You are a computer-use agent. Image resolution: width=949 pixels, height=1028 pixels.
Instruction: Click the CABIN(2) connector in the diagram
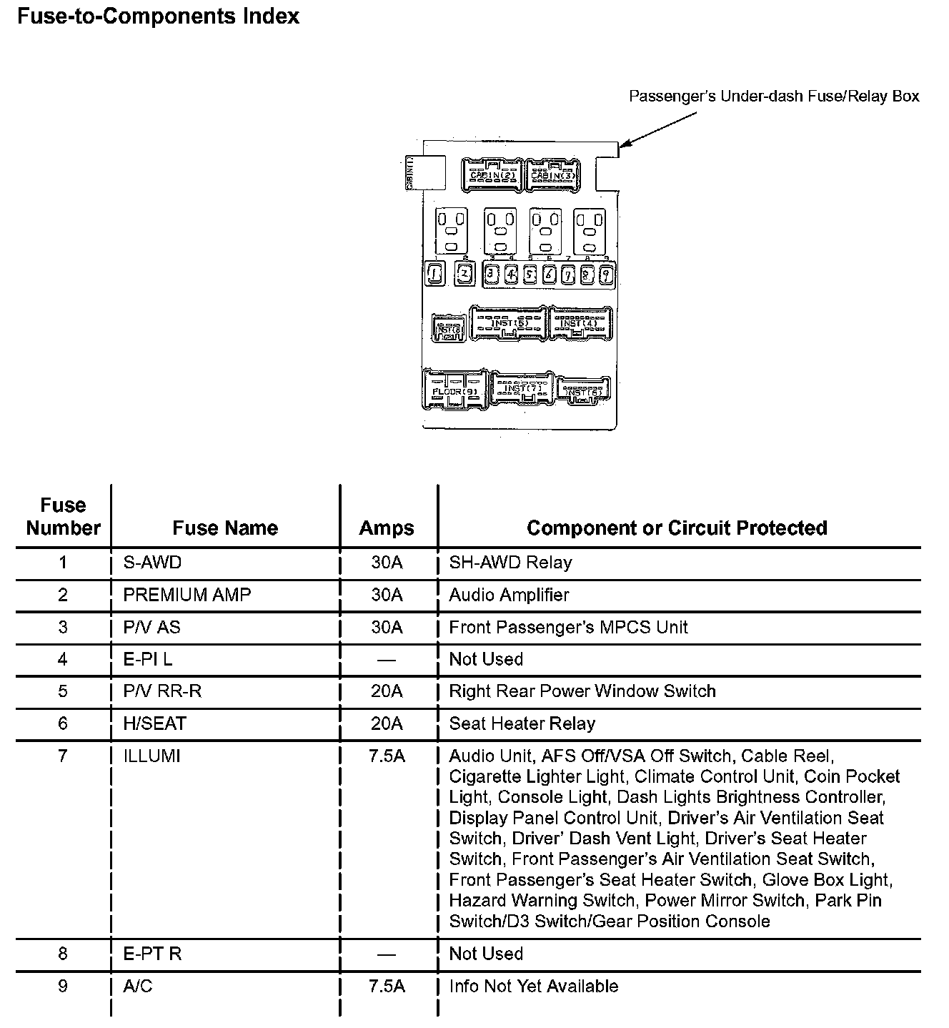(x=492, y=174)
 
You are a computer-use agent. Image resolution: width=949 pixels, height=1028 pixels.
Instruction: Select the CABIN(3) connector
(x=553, y=174)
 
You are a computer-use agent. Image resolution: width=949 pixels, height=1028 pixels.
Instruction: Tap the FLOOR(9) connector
(x=455, y=390)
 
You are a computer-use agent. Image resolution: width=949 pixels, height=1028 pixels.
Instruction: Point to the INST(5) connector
(x=508, y=324)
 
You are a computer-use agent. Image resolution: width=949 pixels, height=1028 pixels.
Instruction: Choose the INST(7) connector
(x=522, y=388)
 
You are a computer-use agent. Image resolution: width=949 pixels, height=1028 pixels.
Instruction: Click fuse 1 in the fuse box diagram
(x=434, y=272)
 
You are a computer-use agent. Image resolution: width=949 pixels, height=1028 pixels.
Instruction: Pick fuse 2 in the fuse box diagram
(x=464, y=272)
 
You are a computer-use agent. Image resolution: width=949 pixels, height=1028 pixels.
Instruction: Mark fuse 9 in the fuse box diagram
(x=605, y=274)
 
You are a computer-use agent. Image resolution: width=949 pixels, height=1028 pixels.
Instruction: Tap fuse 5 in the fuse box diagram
(x=530, y=274)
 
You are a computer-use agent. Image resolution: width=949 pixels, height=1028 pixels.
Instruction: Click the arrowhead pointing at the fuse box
(x=622, y=146)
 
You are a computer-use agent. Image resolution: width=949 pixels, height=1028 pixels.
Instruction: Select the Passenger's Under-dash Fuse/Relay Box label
(x=774, y=97)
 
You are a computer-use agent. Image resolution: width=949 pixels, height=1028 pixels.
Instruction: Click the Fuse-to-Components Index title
(x=158, y=16)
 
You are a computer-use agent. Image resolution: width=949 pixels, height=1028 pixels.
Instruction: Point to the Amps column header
(x=387, y=528)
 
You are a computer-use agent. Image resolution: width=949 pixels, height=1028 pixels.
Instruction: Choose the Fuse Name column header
(x=225, y=528)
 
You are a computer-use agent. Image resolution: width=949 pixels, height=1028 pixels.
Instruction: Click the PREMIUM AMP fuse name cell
(x=187, y=595)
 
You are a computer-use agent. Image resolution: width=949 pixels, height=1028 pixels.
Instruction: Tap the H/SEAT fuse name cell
(x=155, y=723)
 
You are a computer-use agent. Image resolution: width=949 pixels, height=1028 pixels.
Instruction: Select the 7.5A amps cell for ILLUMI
(x=387, y=756)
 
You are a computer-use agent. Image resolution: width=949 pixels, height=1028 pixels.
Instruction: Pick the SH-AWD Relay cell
(x=510, y=563)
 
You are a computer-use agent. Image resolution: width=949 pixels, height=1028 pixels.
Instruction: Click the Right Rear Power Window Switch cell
(x=582, y=691)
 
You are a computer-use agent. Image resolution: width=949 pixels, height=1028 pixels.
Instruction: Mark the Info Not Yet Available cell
(x=534, y=986)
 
